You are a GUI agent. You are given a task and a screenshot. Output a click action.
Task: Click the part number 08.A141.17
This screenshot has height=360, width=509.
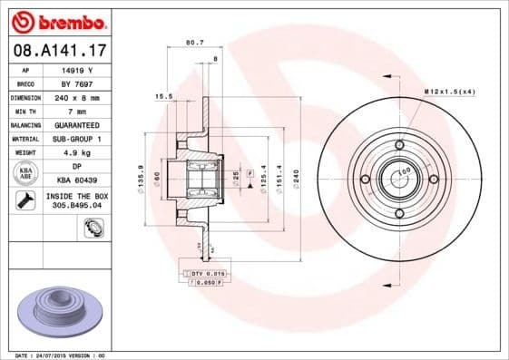(x=59, y=52)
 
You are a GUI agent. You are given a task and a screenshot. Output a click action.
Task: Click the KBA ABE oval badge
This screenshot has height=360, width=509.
(x=26, y=173)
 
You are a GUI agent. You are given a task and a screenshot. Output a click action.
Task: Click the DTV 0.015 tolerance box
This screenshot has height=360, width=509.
(x=206, y=272)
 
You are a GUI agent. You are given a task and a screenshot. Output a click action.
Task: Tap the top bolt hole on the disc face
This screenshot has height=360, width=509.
(x=400, y=144)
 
